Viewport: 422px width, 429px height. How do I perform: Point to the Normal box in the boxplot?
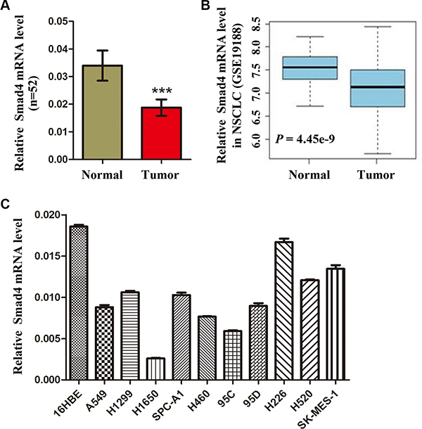tap(308, 68)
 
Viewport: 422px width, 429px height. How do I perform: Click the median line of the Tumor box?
tap(380, 87)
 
